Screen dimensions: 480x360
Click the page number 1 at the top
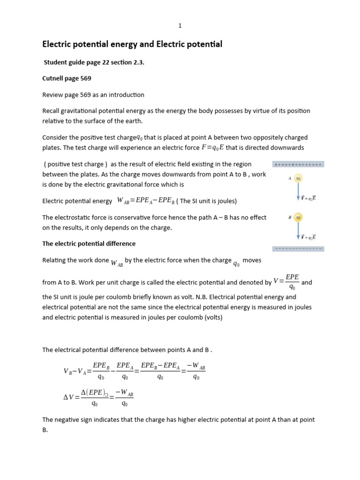[180, 26]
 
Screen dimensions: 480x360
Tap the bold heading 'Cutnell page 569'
[67, 78]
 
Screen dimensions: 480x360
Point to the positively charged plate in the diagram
[298, 165]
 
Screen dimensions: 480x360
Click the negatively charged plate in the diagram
[298, 248]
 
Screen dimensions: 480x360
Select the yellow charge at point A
[298, 178]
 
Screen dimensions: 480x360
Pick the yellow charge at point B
[298, 217]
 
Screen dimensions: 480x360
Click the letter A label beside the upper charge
[290, 178]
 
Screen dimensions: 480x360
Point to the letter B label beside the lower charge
[290, 217]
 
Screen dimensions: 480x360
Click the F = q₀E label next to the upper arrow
[308, 198]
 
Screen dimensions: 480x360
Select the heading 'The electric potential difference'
[89, 244]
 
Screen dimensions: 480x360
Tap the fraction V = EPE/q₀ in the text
[286, 282]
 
